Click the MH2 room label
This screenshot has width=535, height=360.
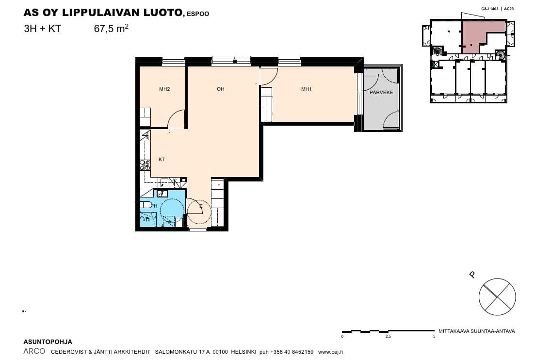[x=164, y=89]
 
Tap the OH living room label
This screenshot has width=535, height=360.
[x=220, y=89]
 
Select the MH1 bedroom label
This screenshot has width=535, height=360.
[x=307, y=89]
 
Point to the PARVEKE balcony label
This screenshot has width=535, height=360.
[x=381, y=92]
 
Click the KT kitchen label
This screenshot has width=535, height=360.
[x=162, y=159]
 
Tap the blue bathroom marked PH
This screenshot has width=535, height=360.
[x=162, y=208]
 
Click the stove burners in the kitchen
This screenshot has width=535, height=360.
[x=145, y=165]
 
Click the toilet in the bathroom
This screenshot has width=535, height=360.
[x=146, y=205]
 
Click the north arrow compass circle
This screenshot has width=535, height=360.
[x=497, y=297]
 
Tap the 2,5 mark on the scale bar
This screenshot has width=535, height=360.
[x=388, y=336]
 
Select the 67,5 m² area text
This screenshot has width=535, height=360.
[x=111, y=28]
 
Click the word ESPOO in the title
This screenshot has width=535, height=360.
[x=198, y=14]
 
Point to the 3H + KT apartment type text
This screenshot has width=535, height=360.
[x=42, y=29]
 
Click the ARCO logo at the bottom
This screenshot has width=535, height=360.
[x=34, y=351]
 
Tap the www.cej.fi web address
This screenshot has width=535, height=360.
[x=330, y=352]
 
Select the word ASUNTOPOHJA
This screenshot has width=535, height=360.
[x=48, y=342]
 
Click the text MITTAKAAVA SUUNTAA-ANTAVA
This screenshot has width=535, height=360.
[x=477, y=331]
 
